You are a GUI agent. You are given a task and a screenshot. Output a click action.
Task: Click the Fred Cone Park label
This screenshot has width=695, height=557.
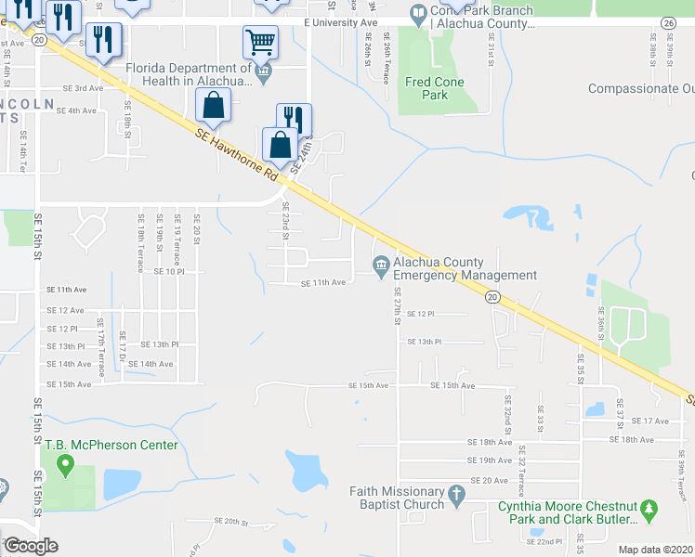434,88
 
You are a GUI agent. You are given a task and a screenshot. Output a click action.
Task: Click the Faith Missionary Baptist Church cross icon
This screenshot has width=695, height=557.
456,498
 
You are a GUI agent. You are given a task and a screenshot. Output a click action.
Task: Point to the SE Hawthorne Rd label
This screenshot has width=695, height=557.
238,155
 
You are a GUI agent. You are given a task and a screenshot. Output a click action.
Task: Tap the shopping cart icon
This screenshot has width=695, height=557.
260,42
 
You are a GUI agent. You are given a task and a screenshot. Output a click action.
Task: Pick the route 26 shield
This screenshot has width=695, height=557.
668,22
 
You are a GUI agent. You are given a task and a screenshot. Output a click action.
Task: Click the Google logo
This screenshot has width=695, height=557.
31,546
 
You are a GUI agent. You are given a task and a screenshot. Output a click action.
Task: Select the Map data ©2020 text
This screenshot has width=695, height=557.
655,550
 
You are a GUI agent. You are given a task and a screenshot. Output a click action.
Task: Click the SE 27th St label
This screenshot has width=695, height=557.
397,305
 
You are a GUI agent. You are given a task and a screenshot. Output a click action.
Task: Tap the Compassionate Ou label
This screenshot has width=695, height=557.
641,89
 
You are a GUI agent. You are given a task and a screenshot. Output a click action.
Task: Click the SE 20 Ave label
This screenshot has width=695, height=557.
490,480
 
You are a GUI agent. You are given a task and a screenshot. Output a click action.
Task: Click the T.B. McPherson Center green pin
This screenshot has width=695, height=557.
65,465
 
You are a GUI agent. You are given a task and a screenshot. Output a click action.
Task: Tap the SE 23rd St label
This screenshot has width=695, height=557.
285,219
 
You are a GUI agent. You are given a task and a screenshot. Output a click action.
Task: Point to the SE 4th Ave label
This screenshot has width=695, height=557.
76,110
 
